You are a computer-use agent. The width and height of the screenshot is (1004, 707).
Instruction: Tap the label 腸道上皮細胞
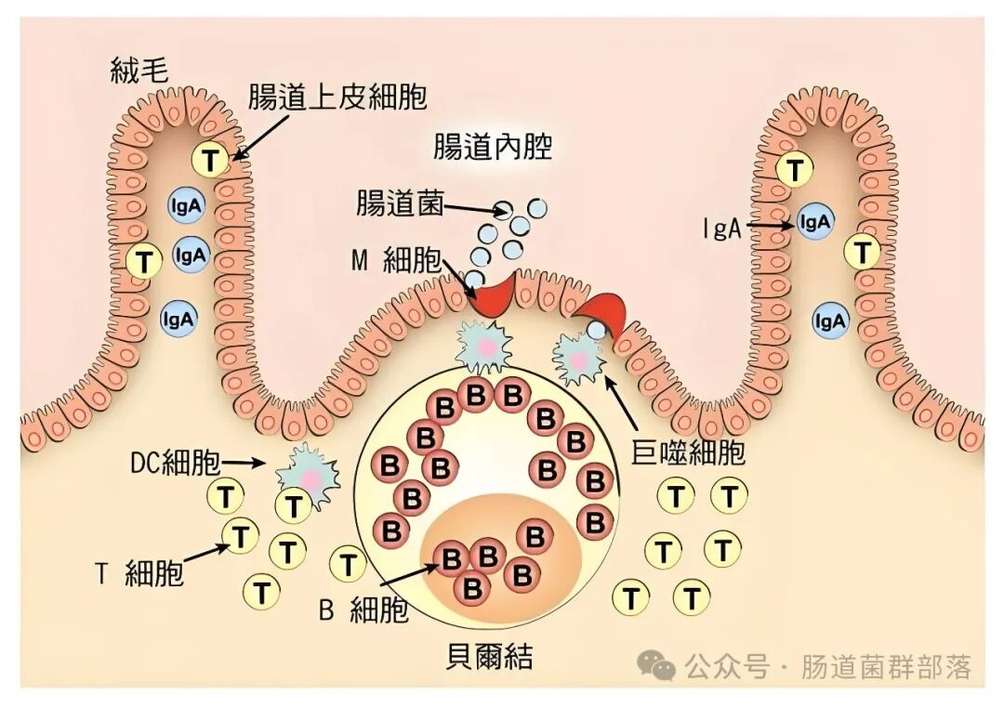point(337,98)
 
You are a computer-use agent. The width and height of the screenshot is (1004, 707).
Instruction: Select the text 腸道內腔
point(493,147)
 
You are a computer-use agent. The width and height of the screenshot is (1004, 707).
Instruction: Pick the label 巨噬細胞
point(689,452)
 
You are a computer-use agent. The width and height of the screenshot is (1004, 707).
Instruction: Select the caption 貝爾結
point(490,657)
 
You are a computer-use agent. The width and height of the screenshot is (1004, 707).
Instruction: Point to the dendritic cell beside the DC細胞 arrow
point(310,476)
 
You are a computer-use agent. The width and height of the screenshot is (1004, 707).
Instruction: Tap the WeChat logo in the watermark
point(660,665)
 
